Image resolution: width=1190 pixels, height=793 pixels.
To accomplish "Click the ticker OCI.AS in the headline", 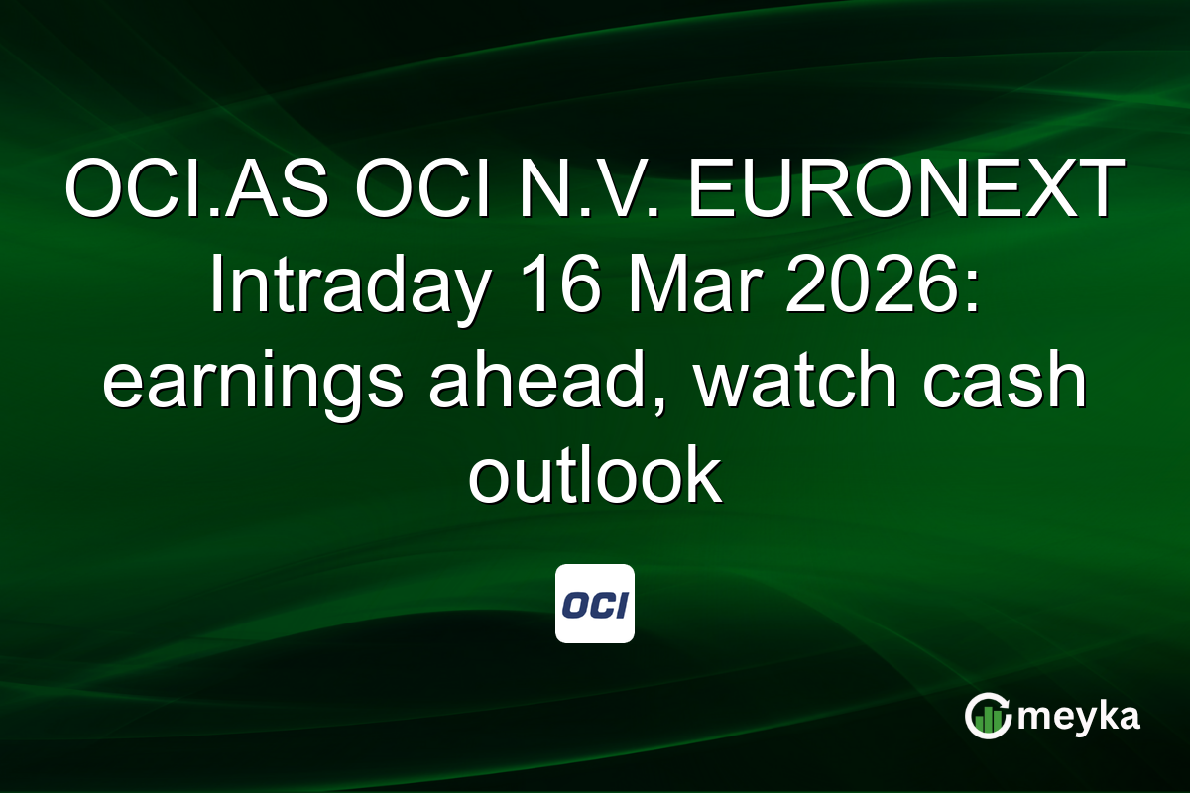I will tap(196, 190).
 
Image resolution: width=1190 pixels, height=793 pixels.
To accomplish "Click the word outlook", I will tap(594, 476).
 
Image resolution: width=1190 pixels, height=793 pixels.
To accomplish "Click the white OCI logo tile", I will tap(595, 604).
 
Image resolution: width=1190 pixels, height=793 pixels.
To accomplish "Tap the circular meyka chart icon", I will tap(988, 716).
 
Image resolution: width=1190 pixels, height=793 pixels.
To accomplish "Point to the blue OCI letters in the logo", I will tap(595, 605).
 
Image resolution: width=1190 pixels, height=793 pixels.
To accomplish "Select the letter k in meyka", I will tap(1104, 715).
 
